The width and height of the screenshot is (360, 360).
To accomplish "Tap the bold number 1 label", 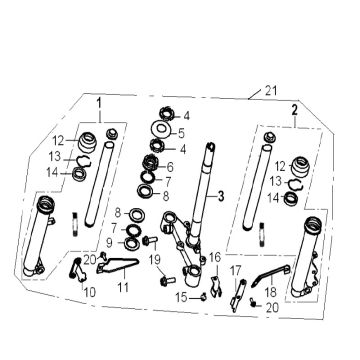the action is tap(99, 103).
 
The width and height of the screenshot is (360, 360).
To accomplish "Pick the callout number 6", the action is tap(170, 166).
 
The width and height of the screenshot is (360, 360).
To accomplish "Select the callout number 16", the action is tap(213, 258).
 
